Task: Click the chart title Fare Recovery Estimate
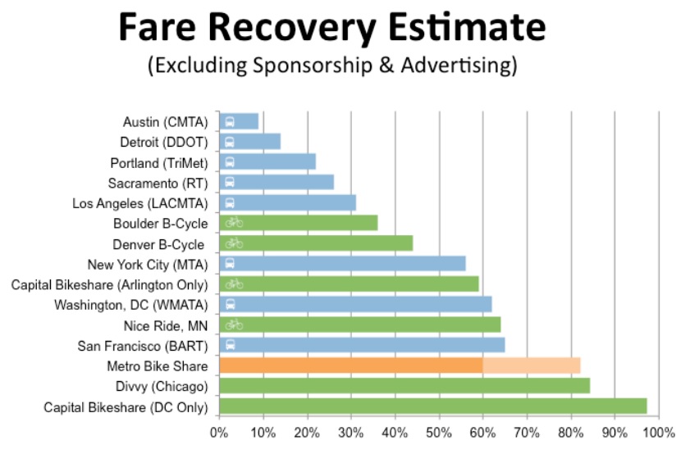331,29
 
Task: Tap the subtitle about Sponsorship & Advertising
331,66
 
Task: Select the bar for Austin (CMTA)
240,121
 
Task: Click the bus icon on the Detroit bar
230,142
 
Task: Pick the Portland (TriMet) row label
159,162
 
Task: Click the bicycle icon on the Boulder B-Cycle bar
234,222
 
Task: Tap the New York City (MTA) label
149,264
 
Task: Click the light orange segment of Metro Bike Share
532,365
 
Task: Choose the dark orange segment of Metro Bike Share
351,365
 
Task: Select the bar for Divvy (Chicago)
404,386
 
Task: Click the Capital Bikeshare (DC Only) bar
432,406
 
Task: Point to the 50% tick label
439,432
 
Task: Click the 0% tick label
218,432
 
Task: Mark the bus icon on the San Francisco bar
230,345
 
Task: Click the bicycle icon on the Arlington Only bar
234,284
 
